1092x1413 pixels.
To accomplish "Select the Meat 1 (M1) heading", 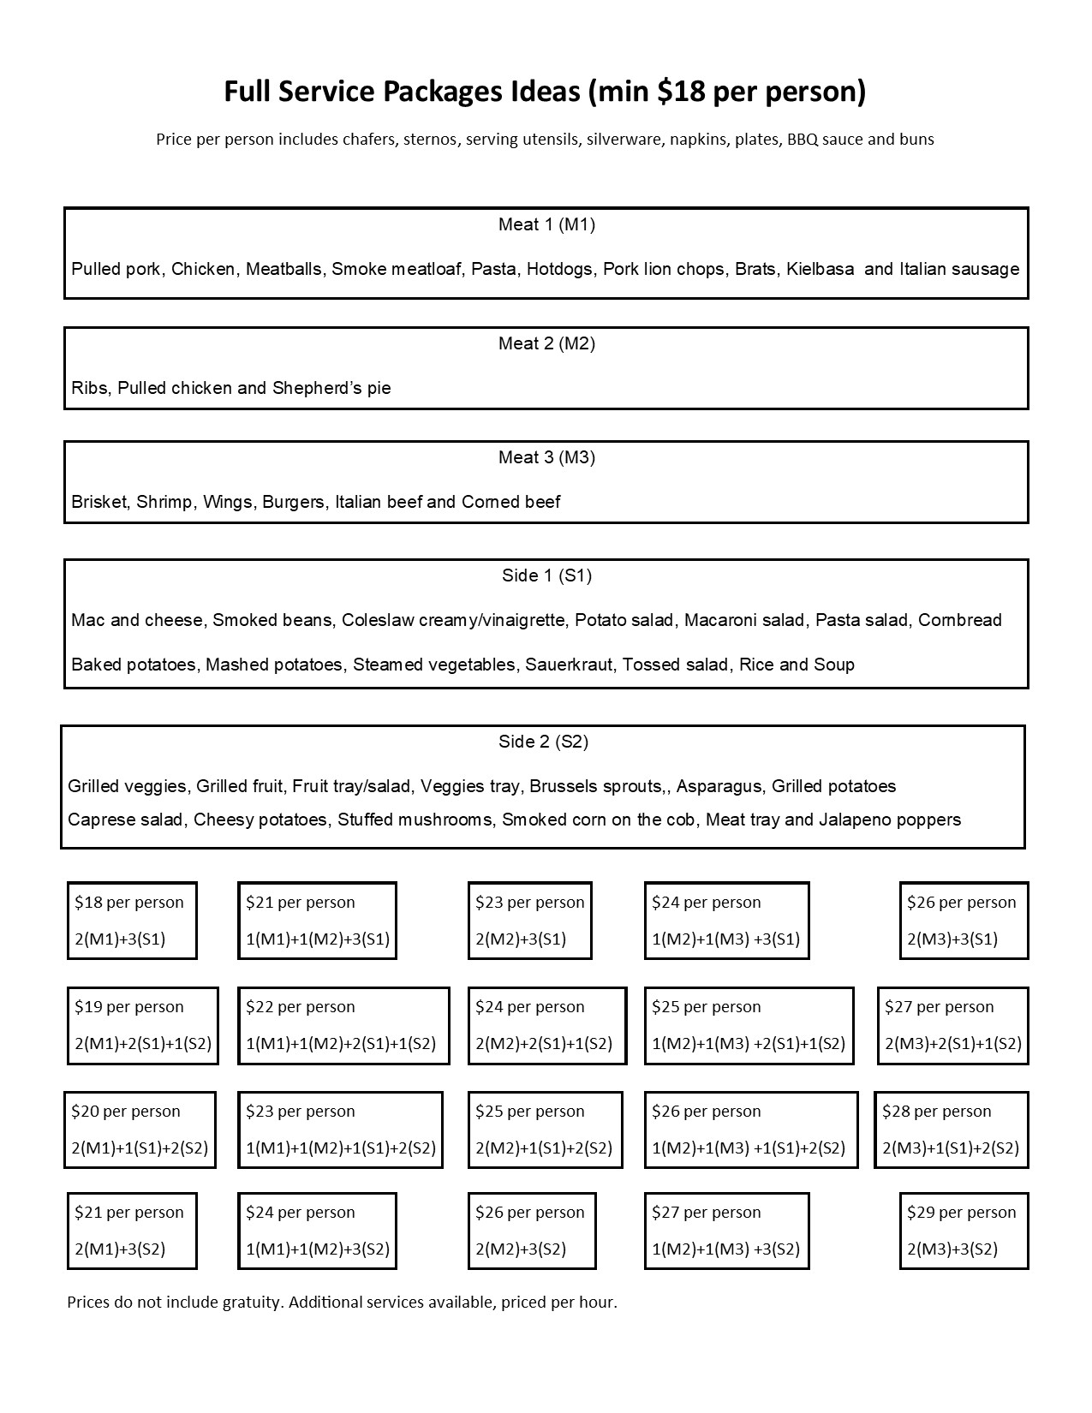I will (x=546, y=224).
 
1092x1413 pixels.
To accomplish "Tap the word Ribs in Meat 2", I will (x=89, y=388).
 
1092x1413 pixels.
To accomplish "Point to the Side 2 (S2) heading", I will (x=543, y=742).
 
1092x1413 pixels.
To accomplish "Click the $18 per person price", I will (x=129, y=902).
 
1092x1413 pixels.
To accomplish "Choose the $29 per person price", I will (x=961, y=1212).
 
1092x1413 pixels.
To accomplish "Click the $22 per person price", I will (x=300, y=1006).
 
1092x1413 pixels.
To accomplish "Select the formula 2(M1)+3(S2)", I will (x=120, y=1249).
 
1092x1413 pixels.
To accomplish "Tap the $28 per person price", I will (x=936, y=1111).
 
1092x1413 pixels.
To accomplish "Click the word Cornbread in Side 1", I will (x=959, y=620).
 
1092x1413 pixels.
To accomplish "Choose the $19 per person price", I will (x=129, y=1006).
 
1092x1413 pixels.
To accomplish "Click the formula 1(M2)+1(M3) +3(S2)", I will (x=725, y=1249).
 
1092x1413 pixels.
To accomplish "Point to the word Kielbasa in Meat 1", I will (x=820, y=269).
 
